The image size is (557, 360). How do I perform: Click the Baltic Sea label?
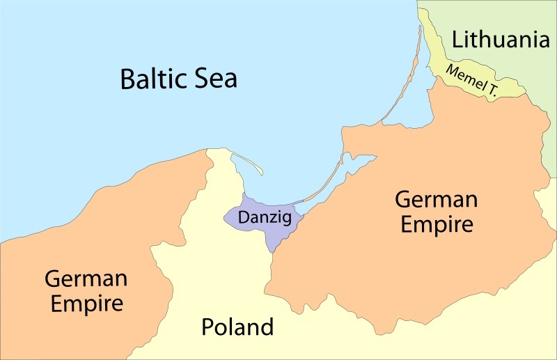(x=178, y=78)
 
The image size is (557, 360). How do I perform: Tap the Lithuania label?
(x=496, y=40)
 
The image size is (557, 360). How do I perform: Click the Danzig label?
(x=262, y=217)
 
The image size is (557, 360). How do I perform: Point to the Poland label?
(x=237, y=327)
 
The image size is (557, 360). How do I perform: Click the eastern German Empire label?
(x=436, y=212)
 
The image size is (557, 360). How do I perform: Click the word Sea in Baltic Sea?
(x=214, y=78)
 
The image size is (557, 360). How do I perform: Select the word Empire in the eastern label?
(x=436, y=225)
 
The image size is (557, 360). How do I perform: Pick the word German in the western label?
(x=86, y=279)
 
